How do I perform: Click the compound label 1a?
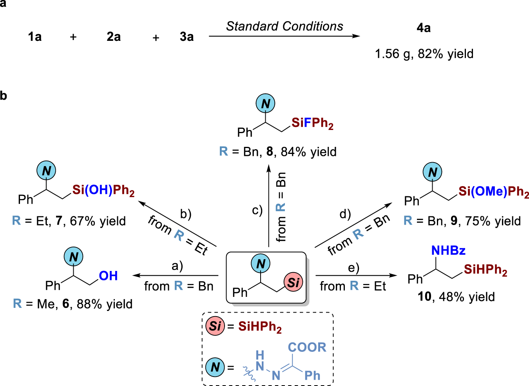34,37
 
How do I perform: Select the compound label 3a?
187,37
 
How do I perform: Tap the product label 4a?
423,28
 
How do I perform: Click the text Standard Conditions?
284,26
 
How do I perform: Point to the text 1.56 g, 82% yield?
424,54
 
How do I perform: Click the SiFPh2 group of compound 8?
312,123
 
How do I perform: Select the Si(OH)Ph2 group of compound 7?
103,190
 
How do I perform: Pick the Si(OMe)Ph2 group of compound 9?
493,192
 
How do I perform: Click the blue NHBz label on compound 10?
448,251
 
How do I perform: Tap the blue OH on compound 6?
108,276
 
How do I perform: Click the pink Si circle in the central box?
293,282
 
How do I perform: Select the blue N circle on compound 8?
265,104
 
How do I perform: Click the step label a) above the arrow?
177,266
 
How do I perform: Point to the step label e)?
353,267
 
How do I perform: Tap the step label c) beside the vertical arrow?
257,210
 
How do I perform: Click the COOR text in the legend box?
307,347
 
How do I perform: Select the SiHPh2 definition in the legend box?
260,327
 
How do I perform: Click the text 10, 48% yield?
456,296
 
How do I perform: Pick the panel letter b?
4,95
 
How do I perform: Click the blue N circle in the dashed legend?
215,367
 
